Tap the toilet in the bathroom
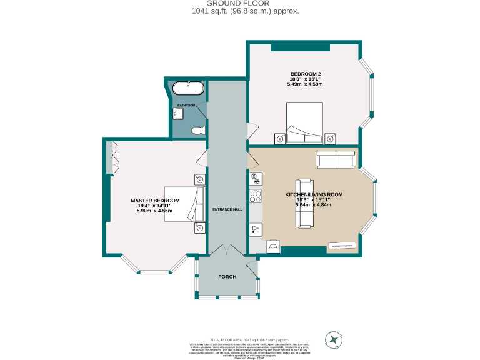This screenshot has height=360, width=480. tap(197, 130)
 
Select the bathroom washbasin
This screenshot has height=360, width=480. tap(176, 114)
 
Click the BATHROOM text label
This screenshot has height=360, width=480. tap(186, 105)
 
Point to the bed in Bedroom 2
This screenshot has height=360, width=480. tap(304, 123)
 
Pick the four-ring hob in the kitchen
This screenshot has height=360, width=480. tap(256, 196)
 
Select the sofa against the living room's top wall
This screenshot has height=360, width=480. tap(336, 160)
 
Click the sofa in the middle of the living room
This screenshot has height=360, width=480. tap(304, 203)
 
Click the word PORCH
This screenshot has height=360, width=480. tap(227, 276)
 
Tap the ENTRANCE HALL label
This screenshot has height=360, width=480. tap(227, 209)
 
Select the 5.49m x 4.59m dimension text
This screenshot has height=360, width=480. tap(305, 84)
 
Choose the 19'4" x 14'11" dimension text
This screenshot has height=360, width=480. tap(154, 206)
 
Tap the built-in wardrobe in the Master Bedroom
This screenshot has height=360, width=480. tap(110, 158)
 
